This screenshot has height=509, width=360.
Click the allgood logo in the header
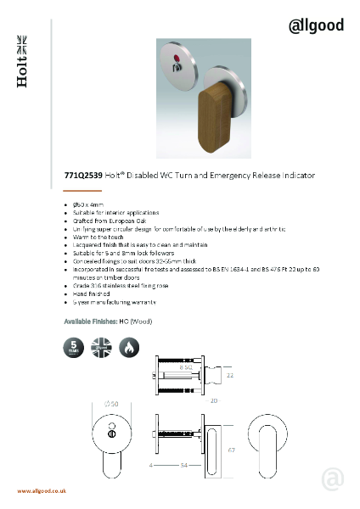(316, 25)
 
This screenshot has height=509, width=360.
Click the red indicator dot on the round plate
(175, 61)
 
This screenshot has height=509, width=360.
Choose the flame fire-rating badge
(129, 348)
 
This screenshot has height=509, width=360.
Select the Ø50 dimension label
(111, 403)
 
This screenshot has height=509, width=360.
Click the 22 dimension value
(229, 373)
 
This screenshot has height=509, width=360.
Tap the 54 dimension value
(183, 466)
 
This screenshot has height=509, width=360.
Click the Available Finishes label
(92, 323)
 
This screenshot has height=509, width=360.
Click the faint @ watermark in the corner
(333, 478)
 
